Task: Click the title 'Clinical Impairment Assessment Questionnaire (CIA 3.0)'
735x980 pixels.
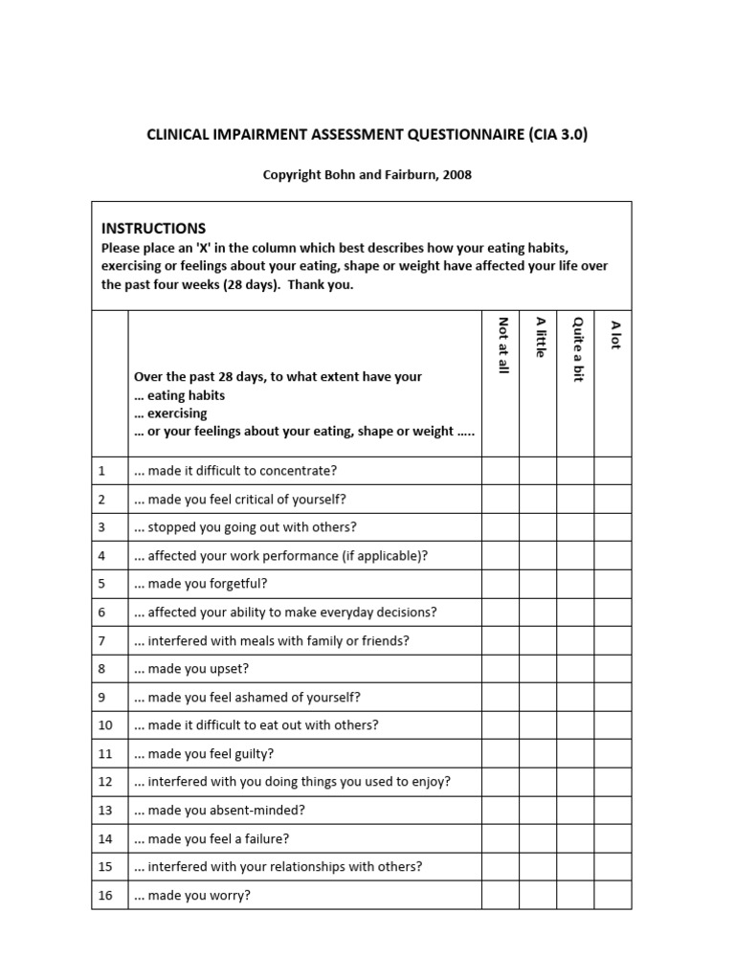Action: [367, 135]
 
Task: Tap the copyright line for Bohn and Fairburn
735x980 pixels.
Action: [367, 175]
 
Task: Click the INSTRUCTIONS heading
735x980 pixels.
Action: [153, 228]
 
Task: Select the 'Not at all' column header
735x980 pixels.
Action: [501, 345]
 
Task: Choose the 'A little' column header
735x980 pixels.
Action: [539, 337]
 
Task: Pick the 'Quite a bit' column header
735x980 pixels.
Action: [576, 348]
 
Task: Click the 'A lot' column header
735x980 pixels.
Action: [613, 334]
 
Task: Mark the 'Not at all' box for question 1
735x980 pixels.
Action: [501, 471]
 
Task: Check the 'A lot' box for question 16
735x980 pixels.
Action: [612, 896]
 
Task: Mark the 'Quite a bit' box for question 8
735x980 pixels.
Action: [575, 669]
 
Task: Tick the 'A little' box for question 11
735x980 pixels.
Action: [538, 754]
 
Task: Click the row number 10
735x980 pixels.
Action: [105, 725]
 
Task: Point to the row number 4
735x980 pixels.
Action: [101, 556]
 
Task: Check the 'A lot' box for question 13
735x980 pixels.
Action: [612, 811]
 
